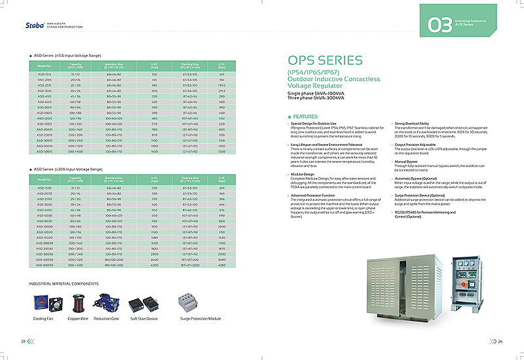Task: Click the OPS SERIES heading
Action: click(325, 61)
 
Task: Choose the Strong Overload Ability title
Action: click(412, 123)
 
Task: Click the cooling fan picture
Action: click(42, 302)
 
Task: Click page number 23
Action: click(23, 341)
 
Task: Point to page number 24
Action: click(500, 341)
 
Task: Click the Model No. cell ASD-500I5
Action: click(45, 151)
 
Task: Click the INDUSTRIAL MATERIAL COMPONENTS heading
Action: click(64, 283)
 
